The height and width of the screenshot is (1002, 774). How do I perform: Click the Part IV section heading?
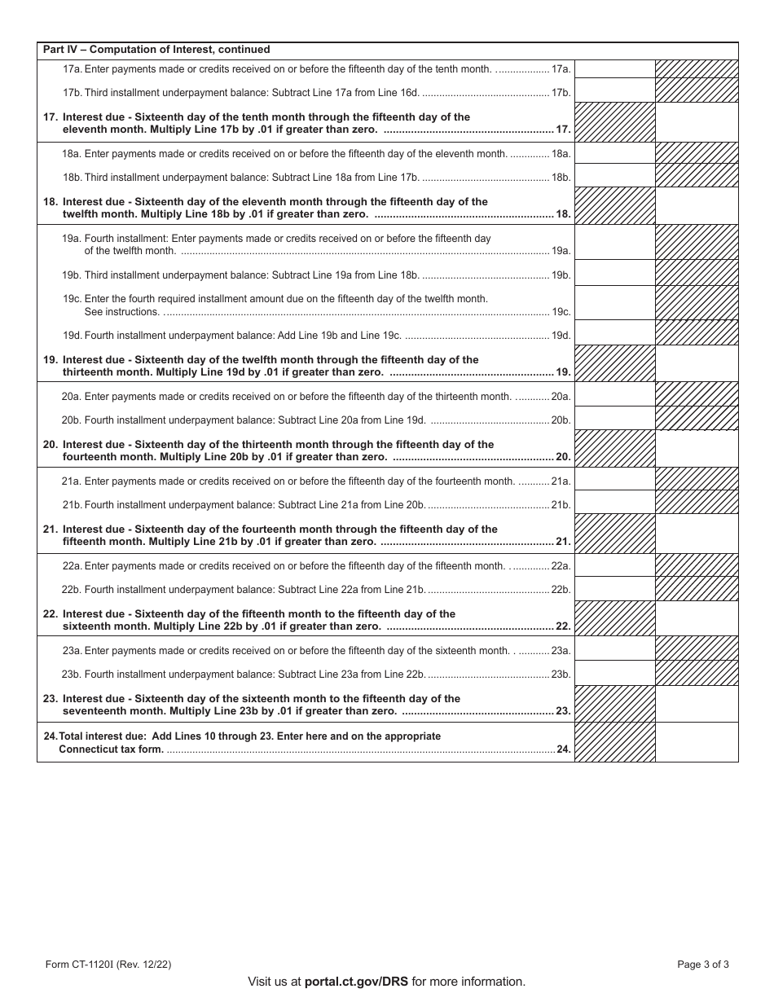pos(156,50)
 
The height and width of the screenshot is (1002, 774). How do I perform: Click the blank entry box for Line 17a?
pos(614,69)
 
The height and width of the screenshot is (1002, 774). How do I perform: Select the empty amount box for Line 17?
pos(697,122)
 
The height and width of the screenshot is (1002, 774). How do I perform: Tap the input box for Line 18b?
pos(614,176)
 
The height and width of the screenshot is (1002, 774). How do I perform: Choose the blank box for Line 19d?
pos(614,333)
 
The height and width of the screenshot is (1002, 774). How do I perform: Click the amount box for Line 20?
pos(697,450)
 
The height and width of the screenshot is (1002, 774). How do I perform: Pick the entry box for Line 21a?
pos(614,480)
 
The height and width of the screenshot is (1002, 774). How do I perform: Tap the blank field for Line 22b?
pos(614,589)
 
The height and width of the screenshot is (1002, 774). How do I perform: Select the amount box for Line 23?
pos(697,704)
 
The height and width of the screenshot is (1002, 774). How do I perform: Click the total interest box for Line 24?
pos(697,742)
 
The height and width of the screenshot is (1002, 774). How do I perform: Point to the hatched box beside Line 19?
pos(614,364)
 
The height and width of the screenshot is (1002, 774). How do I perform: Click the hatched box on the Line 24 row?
pos(614,742)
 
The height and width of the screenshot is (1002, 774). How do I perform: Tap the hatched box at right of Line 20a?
pos(697,395)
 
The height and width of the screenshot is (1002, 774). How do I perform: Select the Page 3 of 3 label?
pos(702,965)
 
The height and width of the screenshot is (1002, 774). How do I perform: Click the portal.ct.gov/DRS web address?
pos(356,982)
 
